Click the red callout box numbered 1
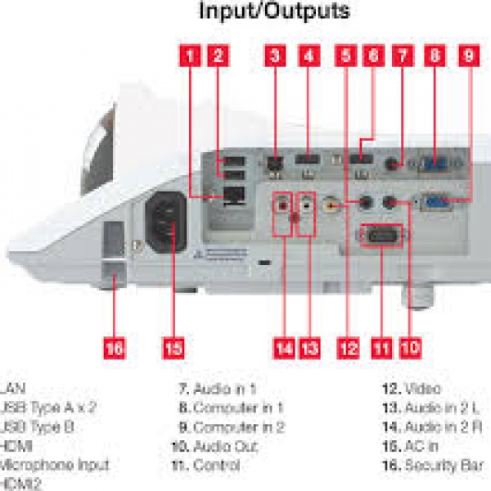point(190,56)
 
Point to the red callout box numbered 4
point(309,56)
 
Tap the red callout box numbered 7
point(403,56)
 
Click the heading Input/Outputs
point(275,11)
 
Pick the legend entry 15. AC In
point(412,446)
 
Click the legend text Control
point(217,465)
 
